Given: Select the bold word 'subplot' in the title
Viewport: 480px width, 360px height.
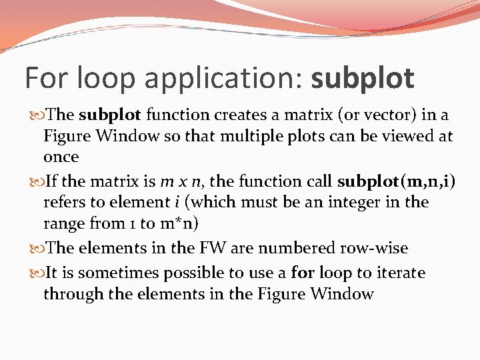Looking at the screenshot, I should coord(363,79).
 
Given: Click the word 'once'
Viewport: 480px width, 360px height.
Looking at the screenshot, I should coord(61,157).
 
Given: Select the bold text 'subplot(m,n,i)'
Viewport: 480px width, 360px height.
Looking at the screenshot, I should coord(397,181).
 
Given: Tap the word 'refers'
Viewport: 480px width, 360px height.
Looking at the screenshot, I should coord(64,202).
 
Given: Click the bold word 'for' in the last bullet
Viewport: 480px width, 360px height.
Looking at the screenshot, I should coord(303,273).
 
